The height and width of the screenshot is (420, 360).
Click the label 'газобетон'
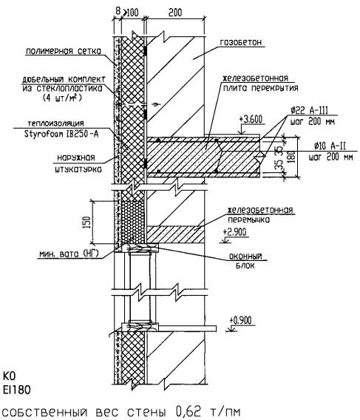(241, 42)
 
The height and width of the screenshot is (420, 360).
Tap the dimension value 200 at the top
(175, 12)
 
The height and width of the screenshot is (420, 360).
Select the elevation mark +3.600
(252, 119)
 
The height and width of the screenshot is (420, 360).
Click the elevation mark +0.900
(240, 320)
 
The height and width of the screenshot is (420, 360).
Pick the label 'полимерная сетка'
(64, 51)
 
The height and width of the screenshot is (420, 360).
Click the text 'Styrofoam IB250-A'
(61, 133)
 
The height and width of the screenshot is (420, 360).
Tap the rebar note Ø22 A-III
(310, 110)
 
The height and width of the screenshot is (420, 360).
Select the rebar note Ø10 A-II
(330, 146)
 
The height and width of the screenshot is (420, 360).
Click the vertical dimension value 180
(292, 157)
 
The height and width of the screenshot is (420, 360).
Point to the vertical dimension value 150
(88, 222)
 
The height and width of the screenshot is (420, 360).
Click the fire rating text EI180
(17, 390)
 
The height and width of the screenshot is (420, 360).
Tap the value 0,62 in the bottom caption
(189, 411)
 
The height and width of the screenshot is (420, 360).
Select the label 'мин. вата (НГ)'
(69, 253)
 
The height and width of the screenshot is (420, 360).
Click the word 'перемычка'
(248, 220)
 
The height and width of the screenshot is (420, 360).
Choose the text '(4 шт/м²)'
(62, 98)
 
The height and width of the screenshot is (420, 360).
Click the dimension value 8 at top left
(118, 11)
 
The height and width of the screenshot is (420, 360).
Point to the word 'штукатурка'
(78, 169)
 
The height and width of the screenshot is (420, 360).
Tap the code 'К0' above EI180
(10, 376)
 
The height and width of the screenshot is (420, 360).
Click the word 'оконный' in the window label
(245, 257)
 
